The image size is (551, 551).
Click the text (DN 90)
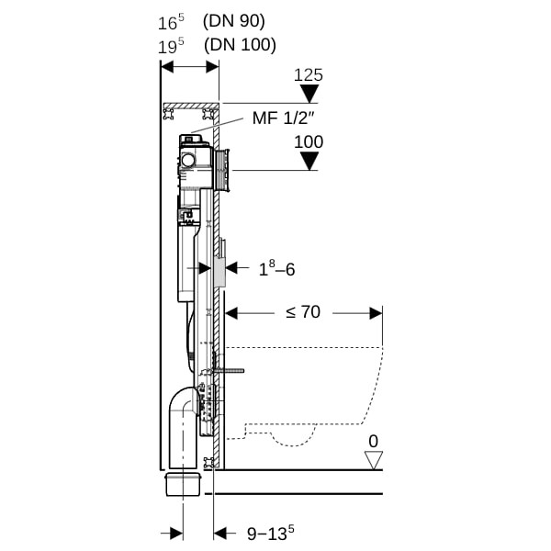click(233, 21)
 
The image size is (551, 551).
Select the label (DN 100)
click(240, 45)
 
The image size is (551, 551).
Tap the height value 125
click(309, 75)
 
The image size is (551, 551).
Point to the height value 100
click(309, 142)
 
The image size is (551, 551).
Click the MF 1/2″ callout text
click(283, 118)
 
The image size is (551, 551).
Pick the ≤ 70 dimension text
click(303, 311)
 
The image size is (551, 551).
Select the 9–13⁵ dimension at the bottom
click(271, 533)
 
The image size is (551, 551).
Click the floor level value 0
click(373, 442)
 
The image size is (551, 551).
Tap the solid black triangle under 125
click(309, 95)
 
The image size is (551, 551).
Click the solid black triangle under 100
click(309, 161)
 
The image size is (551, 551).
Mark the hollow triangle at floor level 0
click(373, 460)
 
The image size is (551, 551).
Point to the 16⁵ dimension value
click(171, 22)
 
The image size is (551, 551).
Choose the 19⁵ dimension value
click(171, 47)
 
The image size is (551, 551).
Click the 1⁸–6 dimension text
click(277, 269)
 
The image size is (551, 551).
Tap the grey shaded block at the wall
click(219, 272)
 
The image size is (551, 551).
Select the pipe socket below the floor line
click(183, 484)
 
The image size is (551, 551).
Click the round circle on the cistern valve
click(188, 160)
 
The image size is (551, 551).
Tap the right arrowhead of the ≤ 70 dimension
click(376, 313)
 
